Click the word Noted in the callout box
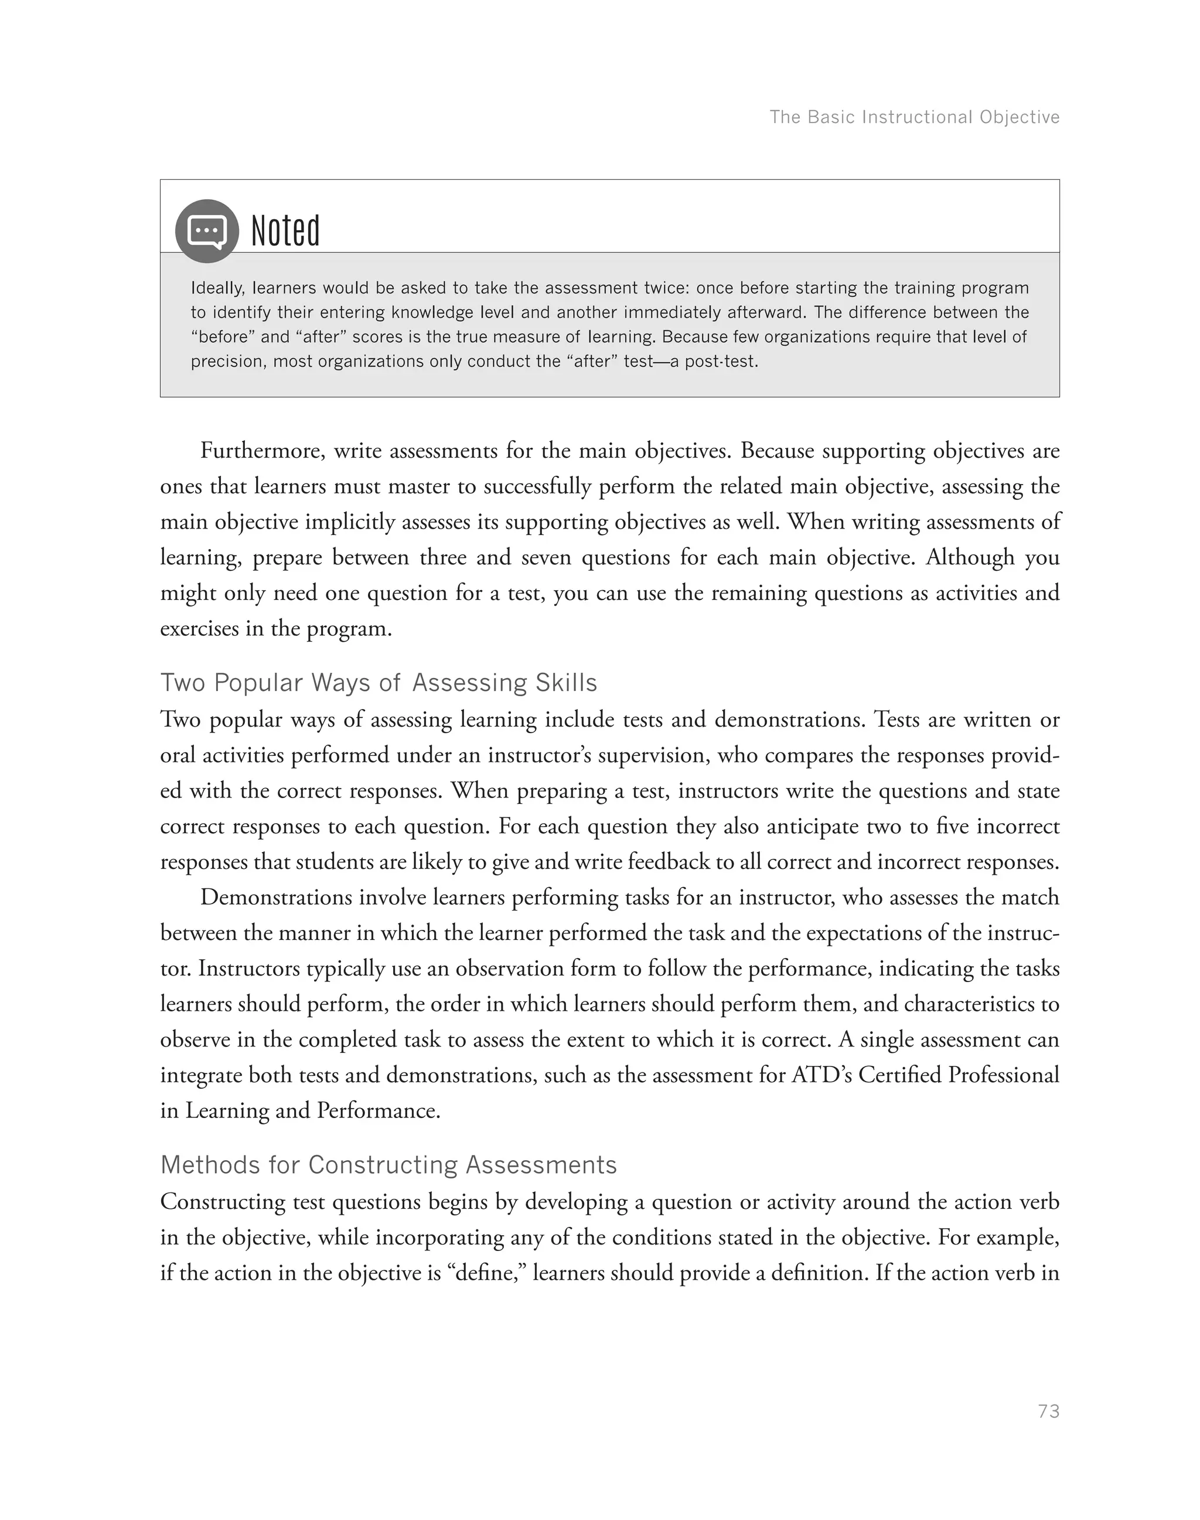tap(285, 231)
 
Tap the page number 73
tap(1048, 1411)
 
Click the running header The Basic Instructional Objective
tap(914, 117)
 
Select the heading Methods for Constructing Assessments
tap(388, 1164)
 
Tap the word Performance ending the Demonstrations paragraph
tap(378, 1110)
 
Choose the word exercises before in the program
tap(199, 628)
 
